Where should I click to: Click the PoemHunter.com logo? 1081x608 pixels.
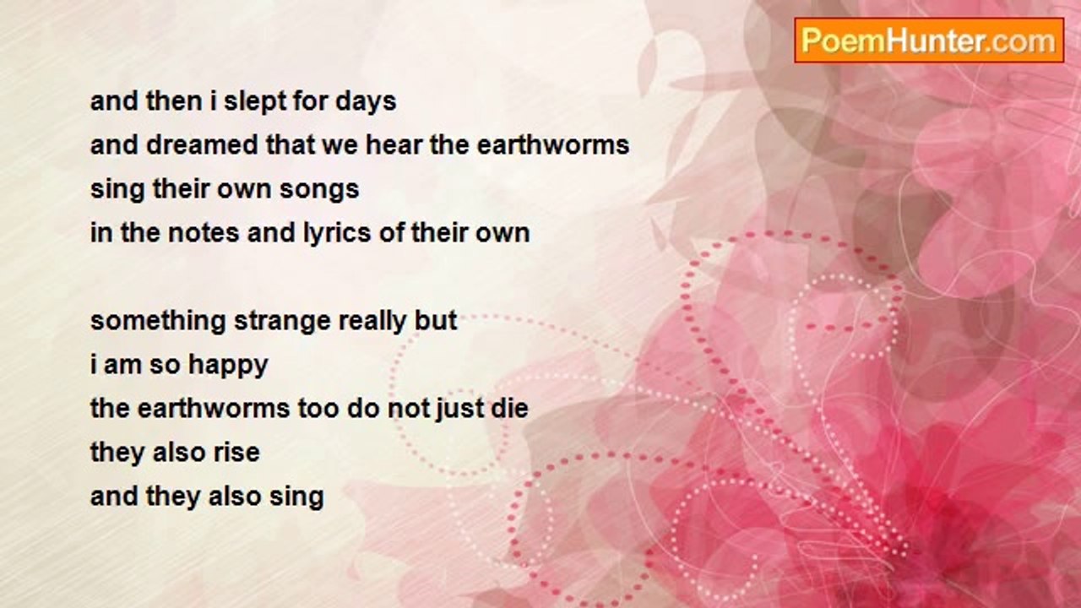929,41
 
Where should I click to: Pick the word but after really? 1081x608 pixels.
438,322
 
